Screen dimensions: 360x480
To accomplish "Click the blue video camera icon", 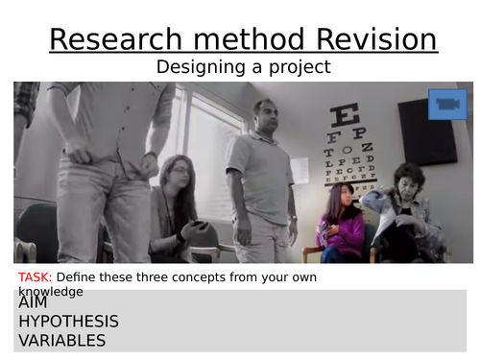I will [x=446, y=103].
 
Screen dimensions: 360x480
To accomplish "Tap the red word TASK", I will [x=36, y=276].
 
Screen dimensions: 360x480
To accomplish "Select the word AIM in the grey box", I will [x=33, y=301].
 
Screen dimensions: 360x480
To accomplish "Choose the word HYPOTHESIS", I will [x=68, y=321].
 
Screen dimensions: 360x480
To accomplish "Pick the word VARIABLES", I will [x=61, y=340].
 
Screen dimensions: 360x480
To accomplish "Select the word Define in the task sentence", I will [x=80, y=276].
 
